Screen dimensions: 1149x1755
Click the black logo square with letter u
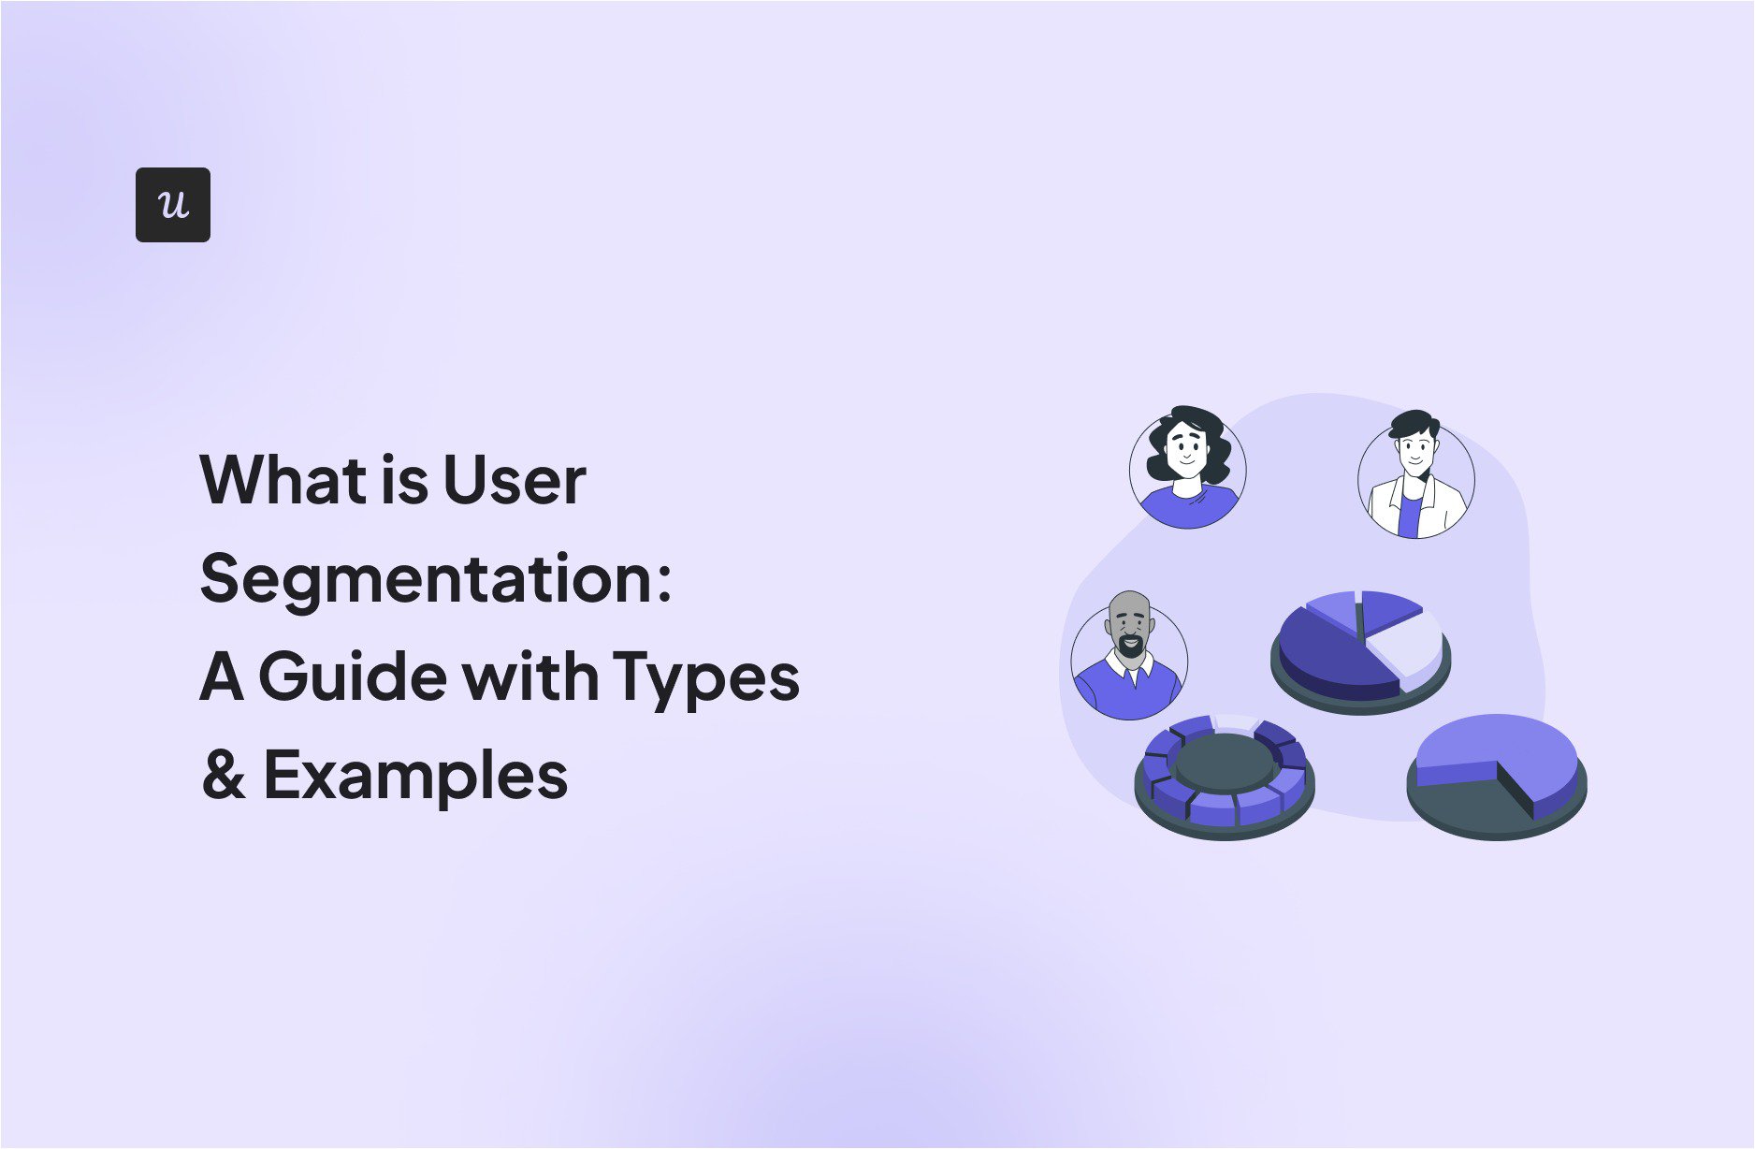173,205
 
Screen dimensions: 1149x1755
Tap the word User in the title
514,480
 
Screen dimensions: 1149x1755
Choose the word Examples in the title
415,777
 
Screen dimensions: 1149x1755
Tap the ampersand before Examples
223,775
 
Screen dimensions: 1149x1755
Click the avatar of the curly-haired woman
1187,468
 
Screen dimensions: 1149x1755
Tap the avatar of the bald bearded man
1129,658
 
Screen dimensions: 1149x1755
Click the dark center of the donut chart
1226,763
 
